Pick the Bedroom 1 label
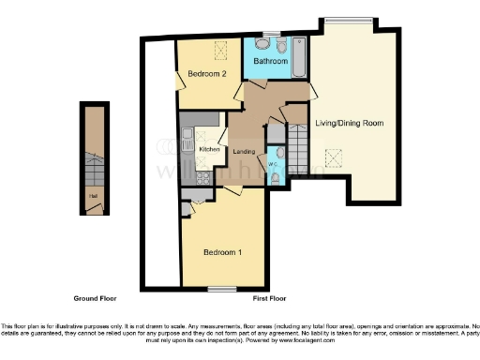tap(223, 252)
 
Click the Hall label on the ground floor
tap(93, 196)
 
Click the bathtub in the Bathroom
tap(297, 58)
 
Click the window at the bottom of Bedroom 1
tap(221, 288)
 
